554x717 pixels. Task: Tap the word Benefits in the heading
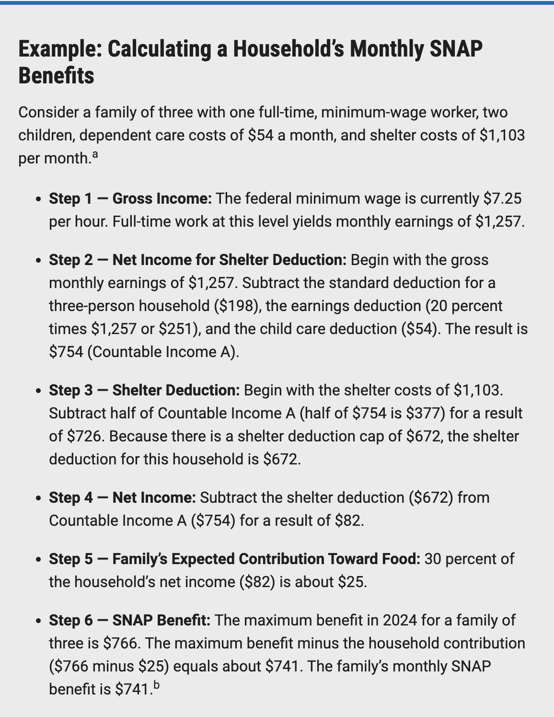pyautogui.click(x=56, y=76)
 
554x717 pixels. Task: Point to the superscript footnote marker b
pyautogui.click(x=156, y=685)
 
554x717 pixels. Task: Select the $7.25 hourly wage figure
pyautogui.click(x=502, y=198)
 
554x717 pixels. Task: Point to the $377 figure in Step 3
pyautogui.click(x=424, y=413)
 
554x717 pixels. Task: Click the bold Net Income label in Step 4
pyautogui.click(x=154, y=497)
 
